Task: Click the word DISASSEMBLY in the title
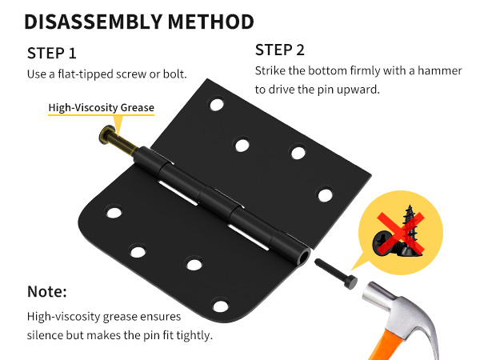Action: (93, 22)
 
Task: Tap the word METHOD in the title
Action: (211, 22)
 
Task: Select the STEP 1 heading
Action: (51, 54)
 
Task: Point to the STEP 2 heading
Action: (280, 50)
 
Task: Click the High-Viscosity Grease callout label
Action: (102, 107)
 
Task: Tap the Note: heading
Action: (47, 291)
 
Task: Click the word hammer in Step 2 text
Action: (439, 70)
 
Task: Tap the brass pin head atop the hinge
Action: (106, 134)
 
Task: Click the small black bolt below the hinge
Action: (336, 274)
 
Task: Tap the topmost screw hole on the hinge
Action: (217, 104)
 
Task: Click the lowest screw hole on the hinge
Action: (221, 306)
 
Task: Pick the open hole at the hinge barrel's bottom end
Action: (305, 257)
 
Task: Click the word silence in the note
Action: (45, 335)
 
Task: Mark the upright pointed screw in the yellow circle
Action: (410, 226)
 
